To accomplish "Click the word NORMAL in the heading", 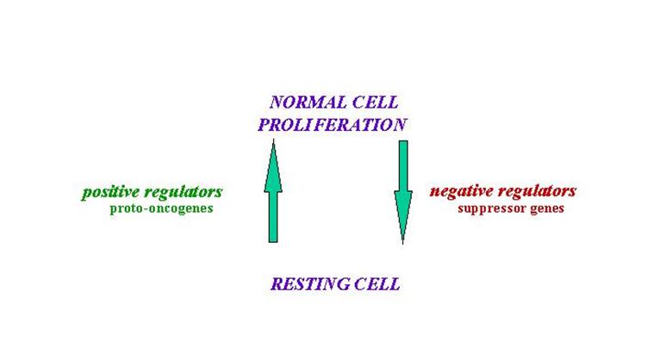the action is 308,102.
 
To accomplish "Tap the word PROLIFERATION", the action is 332,125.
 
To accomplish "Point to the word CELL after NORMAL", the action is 375,102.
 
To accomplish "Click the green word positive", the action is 110,193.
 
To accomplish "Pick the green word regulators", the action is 184,193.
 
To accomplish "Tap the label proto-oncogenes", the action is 162,208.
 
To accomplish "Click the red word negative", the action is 461,192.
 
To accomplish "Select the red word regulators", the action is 537,192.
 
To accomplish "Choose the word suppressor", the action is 491,208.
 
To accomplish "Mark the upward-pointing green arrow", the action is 273,191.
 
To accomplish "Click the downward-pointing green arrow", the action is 403,192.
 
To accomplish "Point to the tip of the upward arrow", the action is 274,140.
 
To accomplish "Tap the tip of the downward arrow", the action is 403,244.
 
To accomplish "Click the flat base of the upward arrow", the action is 273,242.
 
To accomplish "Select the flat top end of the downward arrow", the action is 403,142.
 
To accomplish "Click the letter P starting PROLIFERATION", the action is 264,125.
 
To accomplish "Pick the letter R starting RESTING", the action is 277,284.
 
